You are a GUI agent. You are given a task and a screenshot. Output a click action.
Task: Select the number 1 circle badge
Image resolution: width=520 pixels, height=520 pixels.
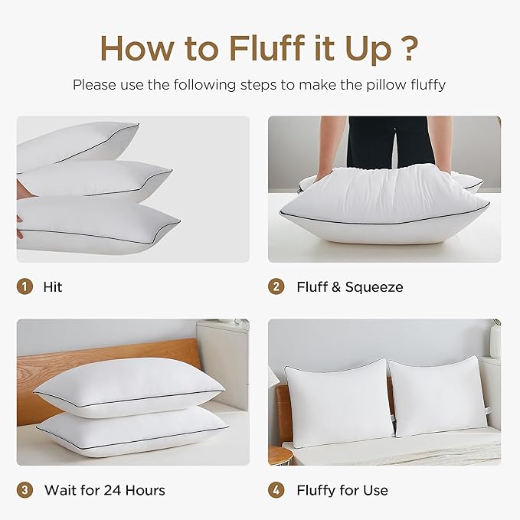pyautogui.click(x=25, y=287)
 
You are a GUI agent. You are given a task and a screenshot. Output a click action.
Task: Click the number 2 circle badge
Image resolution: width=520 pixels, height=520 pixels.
pyautogui.click(x=276, y=287)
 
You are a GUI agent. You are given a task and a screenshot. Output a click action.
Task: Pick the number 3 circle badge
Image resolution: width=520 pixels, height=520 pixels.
pyautogui.click(x=25, y=490)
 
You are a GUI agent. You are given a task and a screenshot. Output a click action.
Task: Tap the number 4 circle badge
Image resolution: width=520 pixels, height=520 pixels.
pyautogui.click(x=276, y=490)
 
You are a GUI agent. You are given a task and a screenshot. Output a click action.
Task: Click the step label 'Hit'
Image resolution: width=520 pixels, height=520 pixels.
pyautogui.click(x=54, y=287)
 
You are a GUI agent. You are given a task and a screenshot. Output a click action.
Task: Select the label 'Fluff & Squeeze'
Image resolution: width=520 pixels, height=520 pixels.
pyautogui.click(x=349, y=287)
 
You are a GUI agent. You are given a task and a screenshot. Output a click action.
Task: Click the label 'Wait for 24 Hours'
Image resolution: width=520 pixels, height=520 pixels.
pyautogui.click(x=104, y=490)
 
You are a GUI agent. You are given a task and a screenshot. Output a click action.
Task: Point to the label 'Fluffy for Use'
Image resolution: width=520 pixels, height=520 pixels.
pyautogui.click(x=342, y=490)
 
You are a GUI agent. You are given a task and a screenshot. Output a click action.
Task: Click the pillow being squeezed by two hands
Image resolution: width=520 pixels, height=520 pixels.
pyautogui.click(x=383, y=203)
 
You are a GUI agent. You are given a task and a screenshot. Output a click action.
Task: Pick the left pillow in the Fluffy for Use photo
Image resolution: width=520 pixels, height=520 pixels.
pyautogui.click(x=337, y=402)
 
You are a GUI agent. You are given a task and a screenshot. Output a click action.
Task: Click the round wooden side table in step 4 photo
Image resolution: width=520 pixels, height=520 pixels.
pyautogui.click(x=279, y=456)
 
